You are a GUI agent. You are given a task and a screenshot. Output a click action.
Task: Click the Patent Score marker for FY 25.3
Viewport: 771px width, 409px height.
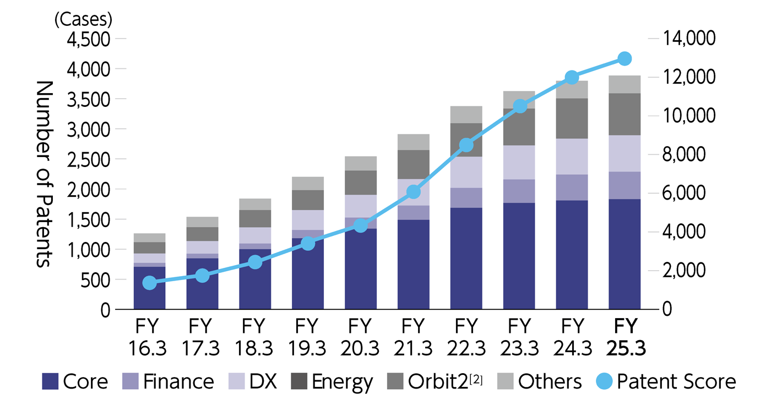625,58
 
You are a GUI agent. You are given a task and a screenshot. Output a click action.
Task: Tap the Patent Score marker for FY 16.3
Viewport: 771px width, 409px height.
149,283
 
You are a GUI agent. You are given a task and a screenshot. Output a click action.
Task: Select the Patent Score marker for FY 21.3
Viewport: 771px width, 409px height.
414,192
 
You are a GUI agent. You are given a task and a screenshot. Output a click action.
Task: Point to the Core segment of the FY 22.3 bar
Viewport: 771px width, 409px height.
466,258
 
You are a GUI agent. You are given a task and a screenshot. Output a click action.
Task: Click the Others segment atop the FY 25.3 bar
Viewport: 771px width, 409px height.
625,84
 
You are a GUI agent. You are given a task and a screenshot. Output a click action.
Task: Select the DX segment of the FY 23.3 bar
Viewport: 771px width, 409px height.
519,162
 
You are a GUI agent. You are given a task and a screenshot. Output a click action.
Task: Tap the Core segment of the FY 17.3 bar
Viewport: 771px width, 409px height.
202,283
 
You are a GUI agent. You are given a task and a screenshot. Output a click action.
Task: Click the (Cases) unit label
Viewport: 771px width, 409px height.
83,19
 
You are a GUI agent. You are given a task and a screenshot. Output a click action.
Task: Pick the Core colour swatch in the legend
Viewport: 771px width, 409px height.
50,381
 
